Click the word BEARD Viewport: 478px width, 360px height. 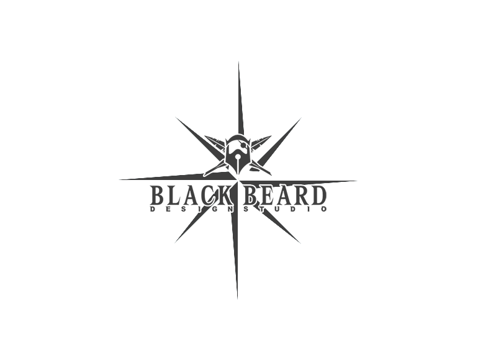pos(285,196)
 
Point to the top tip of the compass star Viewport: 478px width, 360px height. pos(238,62)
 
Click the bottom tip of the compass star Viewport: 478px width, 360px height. pos(238,299)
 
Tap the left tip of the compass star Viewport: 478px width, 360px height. pos(119,179)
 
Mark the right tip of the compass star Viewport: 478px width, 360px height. pos(357,181)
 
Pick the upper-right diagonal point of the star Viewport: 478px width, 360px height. pos(301,118)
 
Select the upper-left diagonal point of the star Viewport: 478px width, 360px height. pos(176,117)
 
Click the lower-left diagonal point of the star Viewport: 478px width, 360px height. pos(175,243)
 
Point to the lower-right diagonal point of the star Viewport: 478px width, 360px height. pos(300,243)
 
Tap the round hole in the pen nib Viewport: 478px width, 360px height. pos(238,158)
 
